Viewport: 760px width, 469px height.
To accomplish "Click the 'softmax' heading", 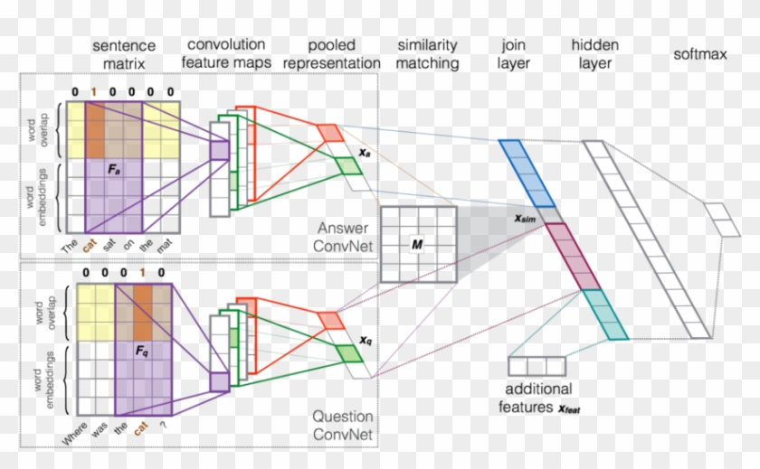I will (x=699, y=54).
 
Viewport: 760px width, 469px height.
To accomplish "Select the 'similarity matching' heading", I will (x=427, y=54).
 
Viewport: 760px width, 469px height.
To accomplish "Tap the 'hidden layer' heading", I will (x=592, y=54).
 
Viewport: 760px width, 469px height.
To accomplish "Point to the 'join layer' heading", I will (x=513, y=54).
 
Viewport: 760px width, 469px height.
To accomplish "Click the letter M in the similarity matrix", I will (x=417, y=245).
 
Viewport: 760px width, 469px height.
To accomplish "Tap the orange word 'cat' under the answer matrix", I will (x=89, y=243).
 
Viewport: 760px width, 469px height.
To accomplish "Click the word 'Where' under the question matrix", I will (x=78, y=430).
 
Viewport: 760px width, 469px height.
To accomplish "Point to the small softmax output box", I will (x=720, y=219).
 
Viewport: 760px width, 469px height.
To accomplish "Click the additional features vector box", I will (x=537, y=366).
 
